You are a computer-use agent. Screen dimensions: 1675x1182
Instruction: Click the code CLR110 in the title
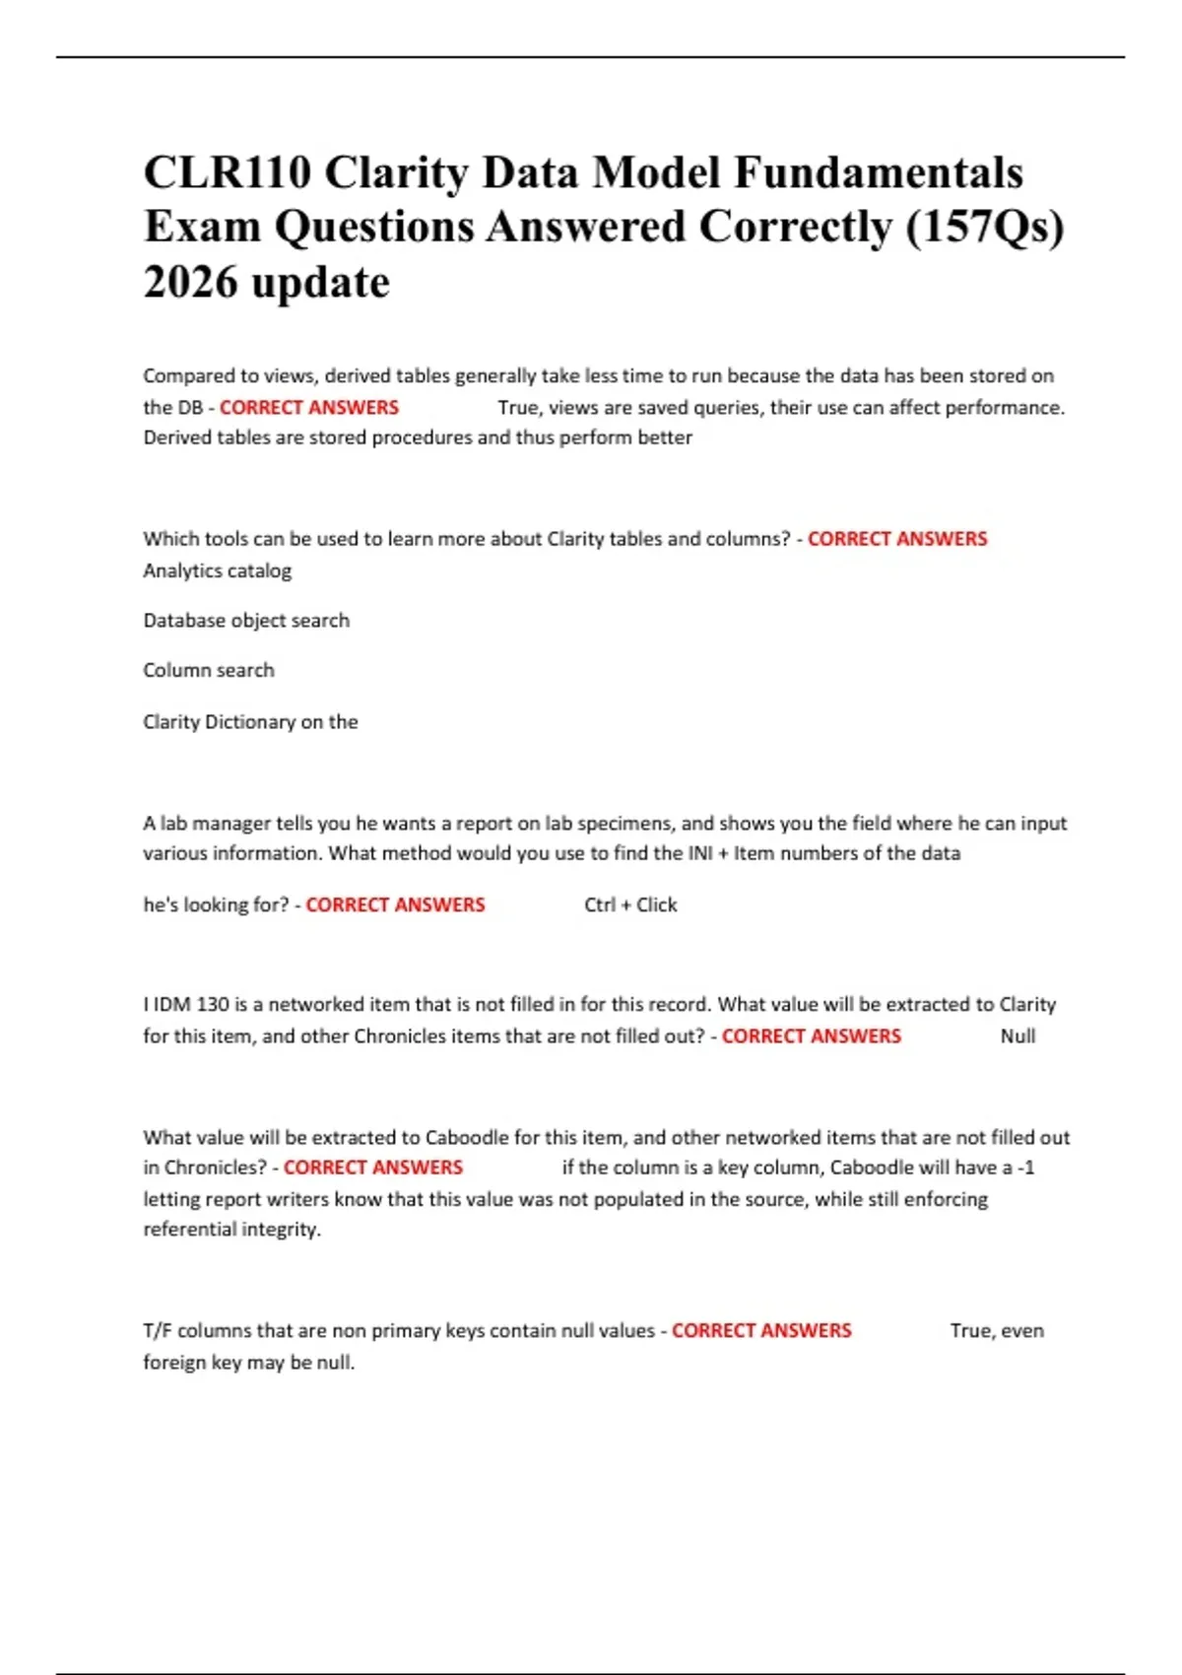[228, 173]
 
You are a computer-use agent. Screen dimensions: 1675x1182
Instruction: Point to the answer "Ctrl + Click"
[630, 904]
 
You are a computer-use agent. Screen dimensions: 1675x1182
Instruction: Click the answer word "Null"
[1018, 1036]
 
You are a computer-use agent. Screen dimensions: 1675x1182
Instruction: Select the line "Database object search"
[246, 621]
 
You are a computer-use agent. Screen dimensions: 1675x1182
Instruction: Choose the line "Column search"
[209, 670]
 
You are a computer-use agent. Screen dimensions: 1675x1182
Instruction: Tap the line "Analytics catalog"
[218, 570]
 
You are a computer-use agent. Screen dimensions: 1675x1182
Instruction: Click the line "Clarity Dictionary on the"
[250, 721]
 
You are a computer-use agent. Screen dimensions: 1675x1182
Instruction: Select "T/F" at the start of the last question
[158, 1330]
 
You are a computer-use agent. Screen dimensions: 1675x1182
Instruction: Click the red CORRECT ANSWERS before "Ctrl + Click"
[395, 904]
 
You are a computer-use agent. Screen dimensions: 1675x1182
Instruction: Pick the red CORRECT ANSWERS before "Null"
[811, 1036]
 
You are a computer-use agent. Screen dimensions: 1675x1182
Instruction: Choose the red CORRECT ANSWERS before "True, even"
[761, 1330]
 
